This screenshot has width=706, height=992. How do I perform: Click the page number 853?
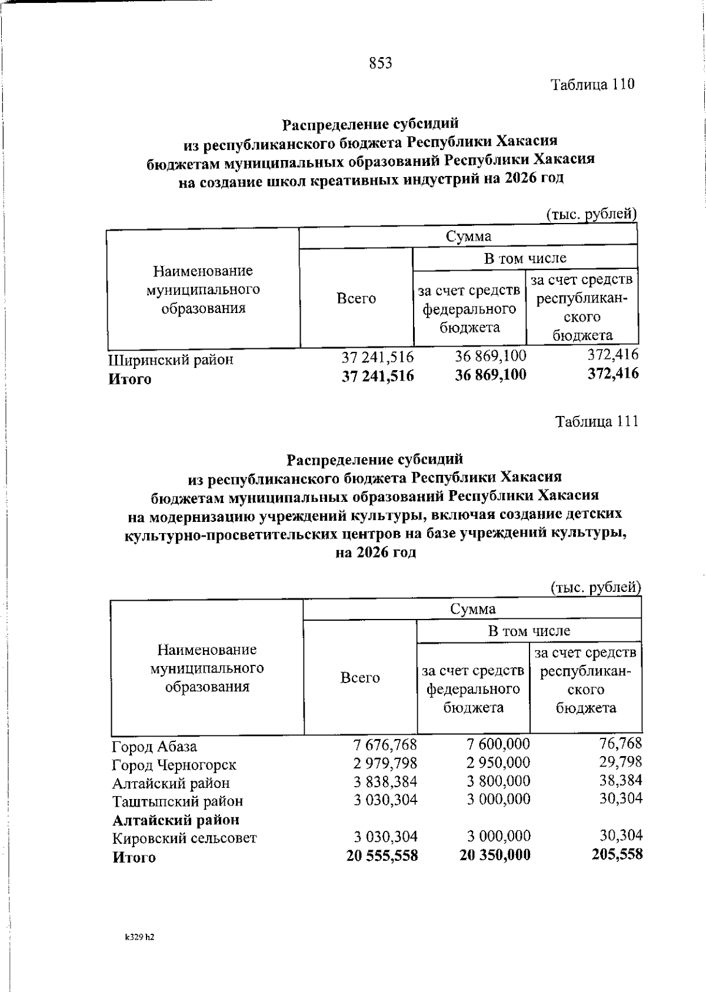(x=381, y=64)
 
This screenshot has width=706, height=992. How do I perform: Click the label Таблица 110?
(x=592, y=84)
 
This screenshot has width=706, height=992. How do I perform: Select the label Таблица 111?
(x=597, y=422)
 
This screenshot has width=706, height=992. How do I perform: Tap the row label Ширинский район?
(x=171, y=359)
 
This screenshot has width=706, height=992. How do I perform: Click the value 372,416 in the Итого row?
(x=613, y=374)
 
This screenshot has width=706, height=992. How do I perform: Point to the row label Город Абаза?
(x=154, y=747)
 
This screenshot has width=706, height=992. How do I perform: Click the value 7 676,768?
(x=385, y=745)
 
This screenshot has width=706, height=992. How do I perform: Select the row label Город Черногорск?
(x=174, y=765)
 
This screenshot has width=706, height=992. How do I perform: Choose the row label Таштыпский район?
(x=177, y=801)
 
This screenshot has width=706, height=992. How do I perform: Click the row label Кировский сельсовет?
(x=184, y=838)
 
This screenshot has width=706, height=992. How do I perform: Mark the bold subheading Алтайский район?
(x=176, y=820)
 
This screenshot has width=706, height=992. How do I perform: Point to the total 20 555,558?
(x=382, y=856)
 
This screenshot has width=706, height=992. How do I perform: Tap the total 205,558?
(x=617, y=854)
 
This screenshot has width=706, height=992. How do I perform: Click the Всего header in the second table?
(x=360, y=678)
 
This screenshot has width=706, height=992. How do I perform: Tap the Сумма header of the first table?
(x=468, y=237)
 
